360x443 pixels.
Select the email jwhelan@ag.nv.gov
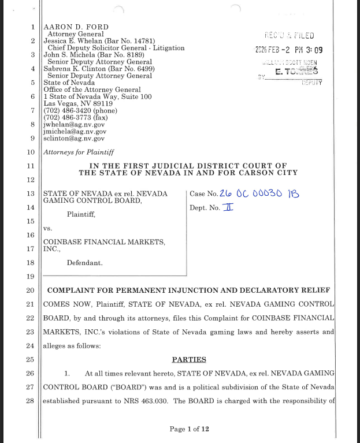pos(74,124)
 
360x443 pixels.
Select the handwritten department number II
pos(228,207)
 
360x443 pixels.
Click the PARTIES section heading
pos(189,359)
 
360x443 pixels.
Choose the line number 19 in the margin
pos(31,276)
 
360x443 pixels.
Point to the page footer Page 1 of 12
pos(189,429)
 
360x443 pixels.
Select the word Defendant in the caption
pos(84,263)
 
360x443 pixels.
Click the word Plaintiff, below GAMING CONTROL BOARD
pos(81,214)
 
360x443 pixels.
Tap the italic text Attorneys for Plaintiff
pos(79,152)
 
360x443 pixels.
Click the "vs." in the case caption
pos(48,228)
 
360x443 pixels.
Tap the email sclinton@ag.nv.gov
pos(74,138)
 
